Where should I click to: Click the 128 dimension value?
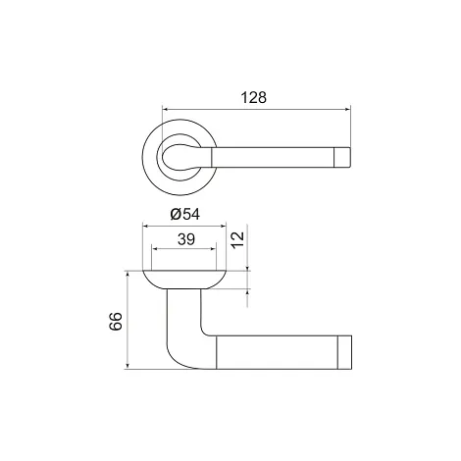point(254,97)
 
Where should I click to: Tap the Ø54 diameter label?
point(185,214)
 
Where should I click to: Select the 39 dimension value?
point(186,239)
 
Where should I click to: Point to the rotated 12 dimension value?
point(238,240)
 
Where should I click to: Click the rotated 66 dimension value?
point(116,322)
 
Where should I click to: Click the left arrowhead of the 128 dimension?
point(166,109)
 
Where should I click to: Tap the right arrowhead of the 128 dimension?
point(347,109)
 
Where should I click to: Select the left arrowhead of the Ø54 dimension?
point(146,226)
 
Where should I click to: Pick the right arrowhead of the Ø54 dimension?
point(223,226)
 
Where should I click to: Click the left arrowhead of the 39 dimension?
point(155,249)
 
